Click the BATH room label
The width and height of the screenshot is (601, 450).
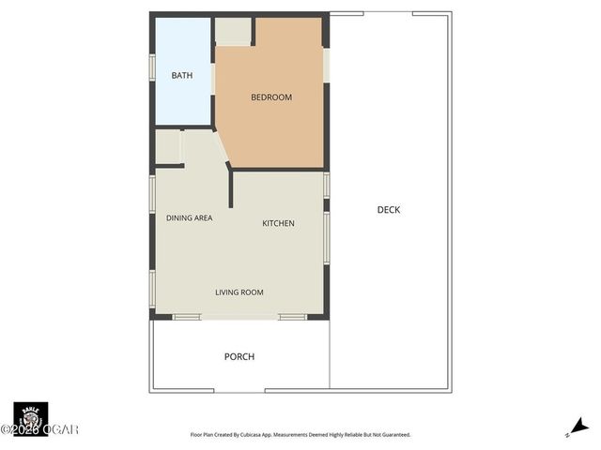pos(182,75)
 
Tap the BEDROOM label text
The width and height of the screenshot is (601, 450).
pos(271,97)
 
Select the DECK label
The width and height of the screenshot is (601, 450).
pos(389,210)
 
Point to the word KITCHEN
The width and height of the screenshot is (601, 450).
pos(278,223)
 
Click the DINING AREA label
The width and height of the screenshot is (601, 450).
pos(189,217)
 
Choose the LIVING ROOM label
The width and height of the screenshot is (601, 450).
pos(239,292)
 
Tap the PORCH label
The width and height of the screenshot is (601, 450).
pos(239,356)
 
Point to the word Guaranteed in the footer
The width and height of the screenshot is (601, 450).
pos(391,435)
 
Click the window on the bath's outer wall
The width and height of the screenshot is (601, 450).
pos(152,68)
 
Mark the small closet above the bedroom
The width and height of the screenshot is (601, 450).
pos(234,31)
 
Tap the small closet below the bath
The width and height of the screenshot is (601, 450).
pos(168,147)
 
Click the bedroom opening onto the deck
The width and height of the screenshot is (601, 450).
pos(327,65)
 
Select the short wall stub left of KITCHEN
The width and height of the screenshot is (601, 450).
pos(230,187)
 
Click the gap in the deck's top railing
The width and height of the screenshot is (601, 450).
pos(388,13)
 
